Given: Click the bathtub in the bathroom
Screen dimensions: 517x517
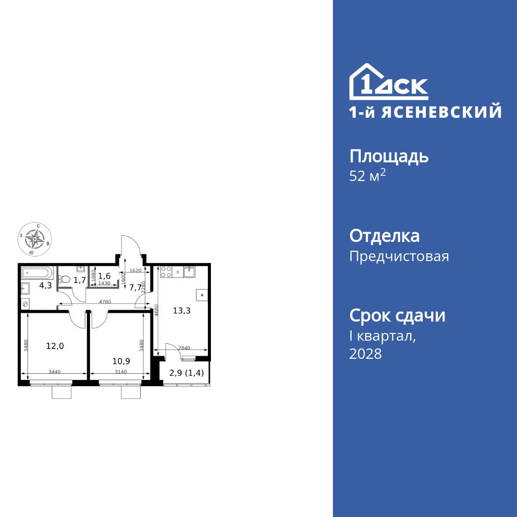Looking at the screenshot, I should click(37, 272).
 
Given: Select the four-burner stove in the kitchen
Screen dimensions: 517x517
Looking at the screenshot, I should click(166, 271).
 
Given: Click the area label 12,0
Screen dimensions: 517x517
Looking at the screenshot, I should click(54, 346).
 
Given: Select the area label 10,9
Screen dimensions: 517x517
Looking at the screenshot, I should click(121, 361).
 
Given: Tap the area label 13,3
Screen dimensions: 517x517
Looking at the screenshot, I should click(181, 310).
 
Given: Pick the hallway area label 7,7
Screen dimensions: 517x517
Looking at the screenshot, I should click(135, 288).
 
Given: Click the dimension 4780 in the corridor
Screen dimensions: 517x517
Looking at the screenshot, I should click(105, 301).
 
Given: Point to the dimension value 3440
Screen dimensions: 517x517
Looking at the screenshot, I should click(54, 371).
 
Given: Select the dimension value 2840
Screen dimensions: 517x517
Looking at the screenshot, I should click(184, 348).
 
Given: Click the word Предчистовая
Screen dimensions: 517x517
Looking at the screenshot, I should click(399, 256).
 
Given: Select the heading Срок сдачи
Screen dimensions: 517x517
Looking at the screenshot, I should click(397, 315).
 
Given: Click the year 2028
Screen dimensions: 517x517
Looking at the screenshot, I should click(366, 354).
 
